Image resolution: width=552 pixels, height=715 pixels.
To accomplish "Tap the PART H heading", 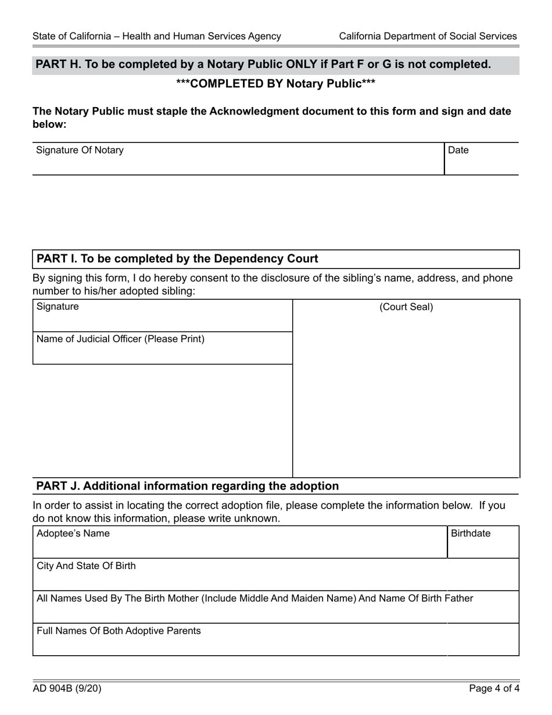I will (263, 65).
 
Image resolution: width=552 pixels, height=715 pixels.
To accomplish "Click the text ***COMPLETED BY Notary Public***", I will (275, 84).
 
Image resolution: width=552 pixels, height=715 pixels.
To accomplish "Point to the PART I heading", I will (177, 259).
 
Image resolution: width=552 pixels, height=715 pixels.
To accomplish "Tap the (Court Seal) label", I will (406, 308).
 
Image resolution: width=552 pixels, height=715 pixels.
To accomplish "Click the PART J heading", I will (187, 486).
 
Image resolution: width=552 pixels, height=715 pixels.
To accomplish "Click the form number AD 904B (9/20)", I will (67, 689).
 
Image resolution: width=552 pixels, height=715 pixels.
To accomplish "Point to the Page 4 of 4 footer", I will (494, 689).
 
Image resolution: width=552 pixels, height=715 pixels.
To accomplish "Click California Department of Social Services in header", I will (428, 36).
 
